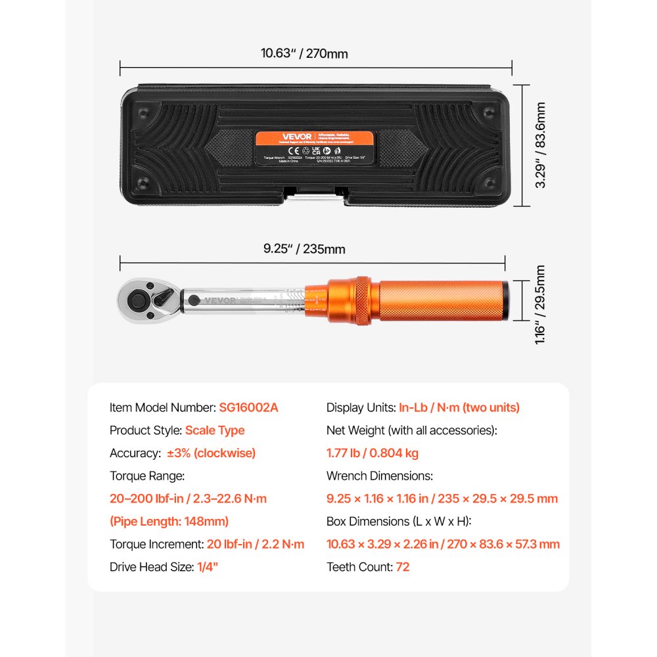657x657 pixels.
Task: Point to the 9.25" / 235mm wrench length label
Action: coord(304,249)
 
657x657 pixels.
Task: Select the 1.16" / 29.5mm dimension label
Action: coord(540,304)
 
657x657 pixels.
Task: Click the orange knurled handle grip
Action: coord(441,300)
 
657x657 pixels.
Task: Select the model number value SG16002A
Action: coord(249,407)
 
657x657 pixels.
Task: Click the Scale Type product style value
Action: coord(214,430)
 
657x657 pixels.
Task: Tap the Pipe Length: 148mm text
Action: coord(169,522)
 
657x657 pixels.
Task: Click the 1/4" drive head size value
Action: coord(207,566)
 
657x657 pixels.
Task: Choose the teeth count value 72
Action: coord(402,566)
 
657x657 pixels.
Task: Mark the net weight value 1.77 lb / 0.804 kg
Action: coord(372,453)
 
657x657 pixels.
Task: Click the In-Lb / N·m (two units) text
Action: coord(459,407)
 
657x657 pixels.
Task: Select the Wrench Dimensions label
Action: coord(378,476)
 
